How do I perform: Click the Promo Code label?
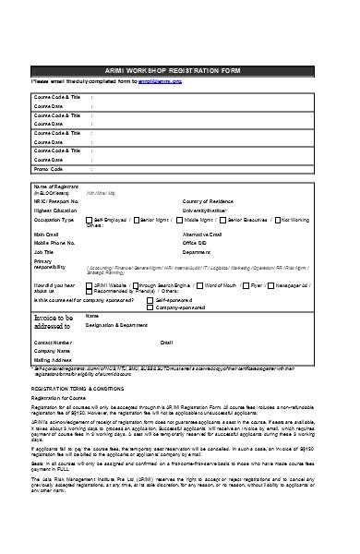[x=49, y=169]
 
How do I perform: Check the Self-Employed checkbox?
[x=90, y=220]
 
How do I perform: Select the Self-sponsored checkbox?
[x=154, y=300]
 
